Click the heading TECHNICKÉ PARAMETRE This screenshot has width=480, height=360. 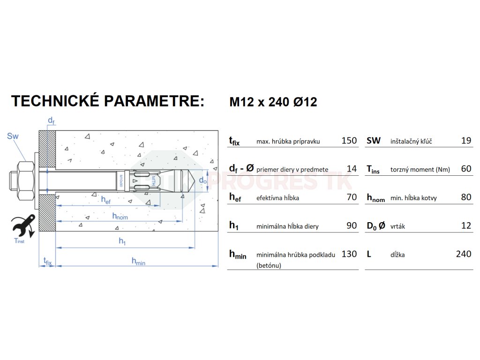point(108,101)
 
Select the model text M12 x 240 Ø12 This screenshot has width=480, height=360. point(273,102)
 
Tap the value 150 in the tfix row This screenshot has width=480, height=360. point(349,141)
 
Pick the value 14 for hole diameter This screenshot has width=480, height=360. point(352,169)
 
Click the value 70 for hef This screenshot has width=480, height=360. point(352,197)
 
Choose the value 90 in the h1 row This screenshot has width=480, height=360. point(352,226)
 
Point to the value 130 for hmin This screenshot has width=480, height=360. point(349,254)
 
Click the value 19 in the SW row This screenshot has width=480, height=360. point(466,141)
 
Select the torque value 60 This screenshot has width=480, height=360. point(466,169)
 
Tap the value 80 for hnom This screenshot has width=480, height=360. point(466,197)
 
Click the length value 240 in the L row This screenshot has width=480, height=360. point(463,254)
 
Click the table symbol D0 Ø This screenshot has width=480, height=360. point(376,226)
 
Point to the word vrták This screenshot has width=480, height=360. point(397,226)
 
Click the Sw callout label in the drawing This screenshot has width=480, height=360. point(13,136)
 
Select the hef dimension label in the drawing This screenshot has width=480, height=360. point(106,200)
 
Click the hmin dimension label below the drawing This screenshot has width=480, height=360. point(138,262)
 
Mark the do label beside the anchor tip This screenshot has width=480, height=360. point(202,180)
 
